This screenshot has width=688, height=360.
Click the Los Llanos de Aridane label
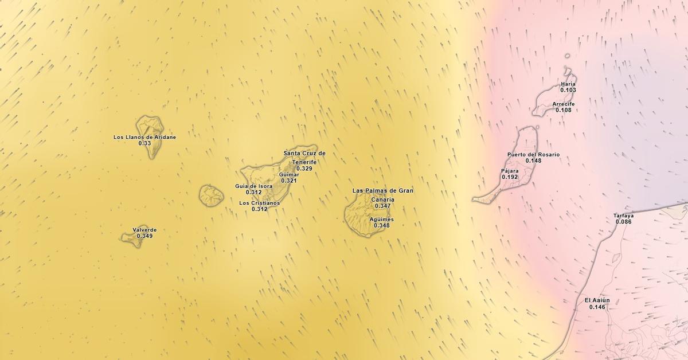click(144, 137)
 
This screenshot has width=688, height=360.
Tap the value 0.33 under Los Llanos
click(144, 143)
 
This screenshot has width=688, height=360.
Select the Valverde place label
click(144, 230)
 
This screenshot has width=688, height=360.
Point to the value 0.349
click(144, 236)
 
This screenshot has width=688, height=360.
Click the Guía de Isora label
click(253, 186)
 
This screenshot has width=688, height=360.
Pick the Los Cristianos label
click(260, 203)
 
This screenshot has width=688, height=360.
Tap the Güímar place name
click(289, 174)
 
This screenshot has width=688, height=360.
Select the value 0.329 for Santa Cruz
click(304, 169)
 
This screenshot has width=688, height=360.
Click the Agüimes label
click(382, 220)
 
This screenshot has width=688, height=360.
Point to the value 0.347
click(382, 206)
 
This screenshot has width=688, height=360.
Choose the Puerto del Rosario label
click(533, 155)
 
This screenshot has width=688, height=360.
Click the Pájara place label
click(510, 171)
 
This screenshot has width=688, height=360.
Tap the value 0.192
click(510, 177)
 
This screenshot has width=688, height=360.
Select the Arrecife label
click(563, 104)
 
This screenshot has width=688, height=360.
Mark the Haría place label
click(568, 84)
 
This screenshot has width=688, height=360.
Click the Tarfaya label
click(623, 216)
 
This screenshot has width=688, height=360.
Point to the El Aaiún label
click(597, 300)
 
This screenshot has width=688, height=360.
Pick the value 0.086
click(623, 222)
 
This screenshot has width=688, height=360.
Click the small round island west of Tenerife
click(211, 195)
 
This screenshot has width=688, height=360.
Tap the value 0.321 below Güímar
click(289, 181)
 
